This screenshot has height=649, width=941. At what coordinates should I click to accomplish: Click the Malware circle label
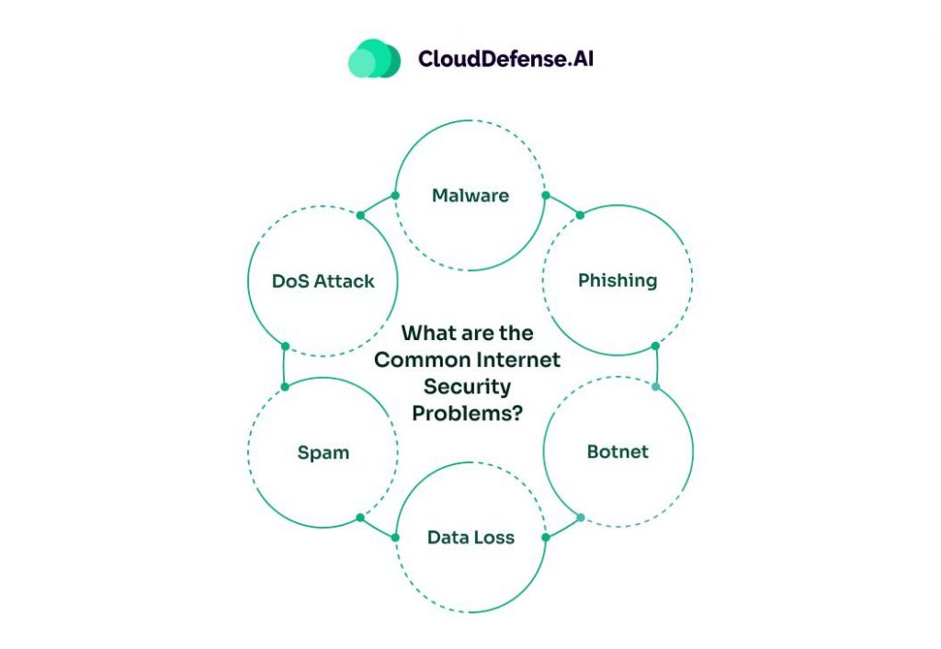(470, 195)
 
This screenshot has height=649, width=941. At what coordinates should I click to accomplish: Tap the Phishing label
(618, 279)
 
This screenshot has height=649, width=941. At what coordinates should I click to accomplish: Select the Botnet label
(618, 451)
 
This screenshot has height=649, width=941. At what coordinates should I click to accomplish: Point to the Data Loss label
(470, 537)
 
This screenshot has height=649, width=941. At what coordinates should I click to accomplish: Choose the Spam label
(323, 451)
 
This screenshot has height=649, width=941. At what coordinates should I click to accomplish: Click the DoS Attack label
(323, 280)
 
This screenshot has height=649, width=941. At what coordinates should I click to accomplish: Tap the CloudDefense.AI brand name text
(506, 59)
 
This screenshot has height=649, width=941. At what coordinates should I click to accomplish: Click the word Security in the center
(468, 387)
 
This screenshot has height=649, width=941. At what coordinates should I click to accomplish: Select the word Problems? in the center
(468, 414)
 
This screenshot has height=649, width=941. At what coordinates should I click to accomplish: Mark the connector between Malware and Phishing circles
(562, 205)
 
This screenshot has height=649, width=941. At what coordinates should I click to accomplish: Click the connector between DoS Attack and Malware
(378, 205)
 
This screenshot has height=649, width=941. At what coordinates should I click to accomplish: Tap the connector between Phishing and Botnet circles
(655, 366)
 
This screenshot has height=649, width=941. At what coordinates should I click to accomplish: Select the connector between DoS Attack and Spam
(285, 366)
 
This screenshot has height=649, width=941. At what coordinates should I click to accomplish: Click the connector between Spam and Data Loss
(378, 528)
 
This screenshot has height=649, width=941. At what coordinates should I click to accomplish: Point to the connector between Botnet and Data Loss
(562, 528)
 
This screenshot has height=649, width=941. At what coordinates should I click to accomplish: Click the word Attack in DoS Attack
(344, 280)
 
